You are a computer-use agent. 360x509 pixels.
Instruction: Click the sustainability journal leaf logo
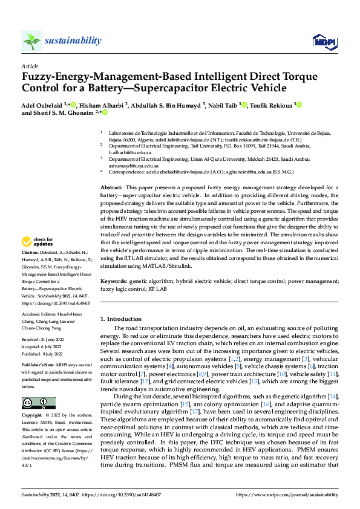(x=31, y=41)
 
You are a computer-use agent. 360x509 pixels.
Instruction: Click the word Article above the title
(x=29, y=65)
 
